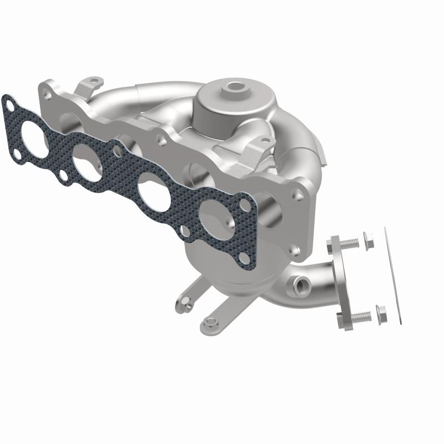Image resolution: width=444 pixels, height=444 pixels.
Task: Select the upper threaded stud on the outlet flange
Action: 349,243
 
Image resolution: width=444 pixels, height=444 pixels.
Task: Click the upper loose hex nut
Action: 368,240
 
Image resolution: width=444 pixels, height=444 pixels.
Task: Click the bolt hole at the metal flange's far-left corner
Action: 48,96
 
